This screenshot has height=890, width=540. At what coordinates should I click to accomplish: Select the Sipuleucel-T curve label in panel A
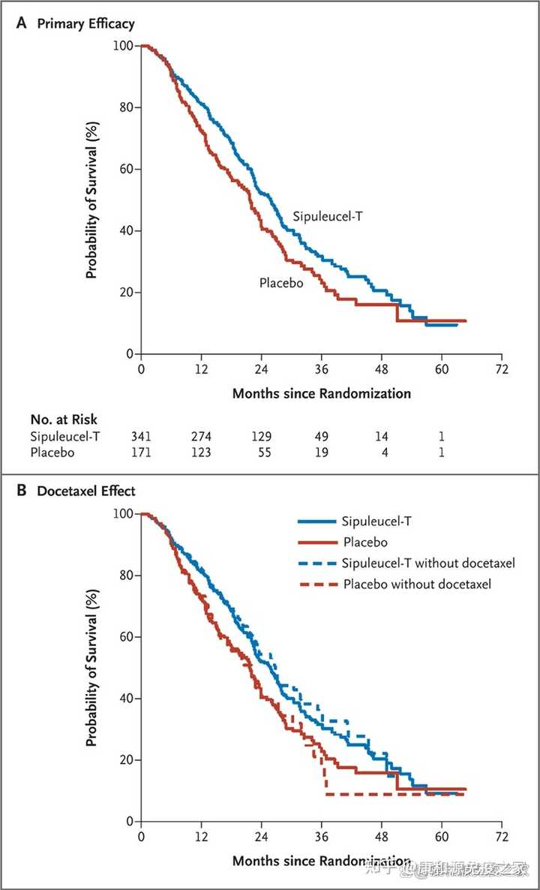(x=333, y=218)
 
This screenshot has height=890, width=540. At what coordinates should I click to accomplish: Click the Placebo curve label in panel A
(x=281, y=283)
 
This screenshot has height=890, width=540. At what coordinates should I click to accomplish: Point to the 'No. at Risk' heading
(x=64, y=420)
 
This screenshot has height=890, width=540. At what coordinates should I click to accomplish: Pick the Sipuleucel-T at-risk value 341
(x=142, y=437)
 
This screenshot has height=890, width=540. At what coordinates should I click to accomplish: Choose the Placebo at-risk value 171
(x=142, y=453)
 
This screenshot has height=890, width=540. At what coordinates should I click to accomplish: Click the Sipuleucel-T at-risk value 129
(x=262, y=437)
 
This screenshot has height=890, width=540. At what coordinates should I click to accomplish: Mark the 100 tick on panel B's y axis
(x=122, y=514)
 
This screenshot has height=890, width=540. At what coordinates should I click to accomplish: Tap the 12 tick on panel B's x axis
(x=201, y=837)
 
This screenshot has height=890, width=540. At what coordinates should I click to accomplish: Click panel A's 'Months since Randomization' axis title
(x=321, y=393)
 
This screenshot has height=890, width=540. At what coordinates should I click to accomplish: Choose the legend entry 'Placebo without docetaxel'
(x=417, y=584)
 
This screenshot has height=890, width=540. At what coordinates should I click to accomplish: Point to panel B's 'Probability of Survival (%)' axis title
(x=91, y=668)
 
